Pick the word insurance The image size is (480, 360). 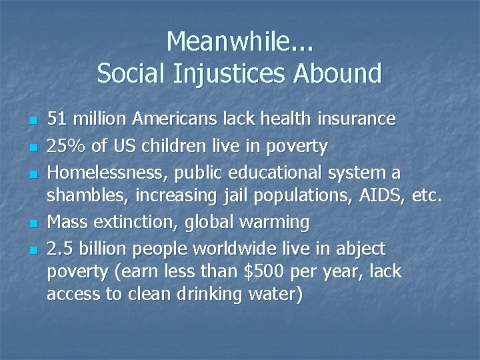pos(357,119)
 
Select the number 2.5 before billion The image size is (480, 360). pos(60,249)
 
